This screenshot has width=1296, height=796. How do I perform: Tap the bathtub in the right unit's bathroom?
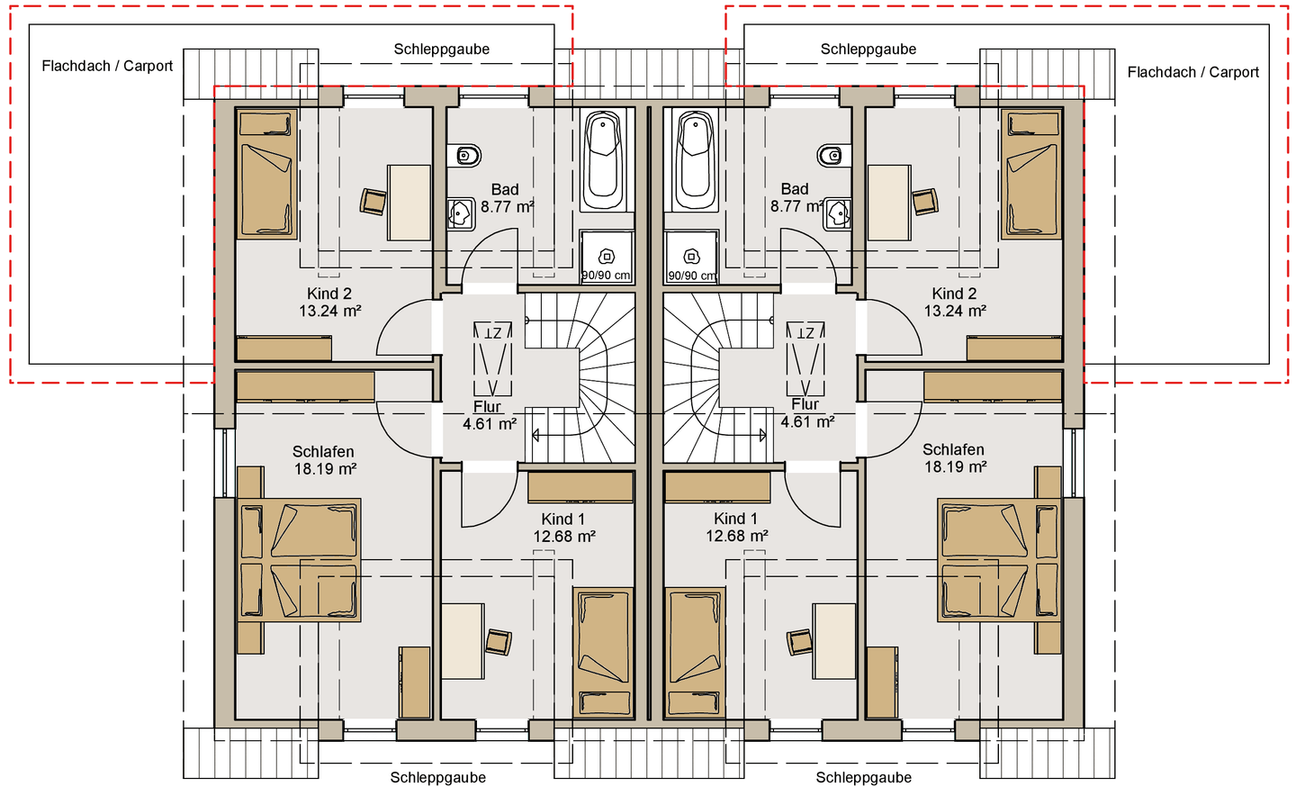[696, 160]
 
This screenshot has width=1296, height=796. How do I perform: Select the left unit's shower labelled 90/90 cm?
[607, 257]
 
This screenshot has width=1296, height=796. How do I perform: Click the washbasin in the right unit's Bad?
[838, 214]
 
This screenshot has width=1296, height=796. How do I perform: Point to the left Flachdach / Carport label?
[107, 66]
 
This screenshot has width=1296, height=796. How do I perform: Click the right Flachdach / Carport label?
[1193, 72]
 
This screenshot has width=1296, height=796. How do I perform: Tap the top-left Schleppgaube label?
[441, 50]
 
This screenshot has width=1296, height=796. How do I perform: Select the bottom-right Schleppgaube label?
[863, 777]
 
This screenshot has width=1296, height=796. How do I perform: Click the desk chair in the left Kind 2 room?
[373, 202]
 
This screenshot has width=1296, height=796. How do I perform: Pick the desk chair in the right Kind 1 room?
[799, 642]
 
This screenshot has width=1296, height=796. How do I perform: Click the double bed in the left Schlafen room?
[299, 560]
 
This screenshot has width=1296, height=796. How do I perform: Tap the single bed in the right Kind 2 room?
[1031, 174]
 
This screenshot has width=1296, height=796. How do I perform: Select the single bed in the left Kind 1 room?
[603, 653]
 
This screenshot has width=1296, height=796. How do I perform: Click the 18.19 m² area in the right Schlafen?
[955, 466]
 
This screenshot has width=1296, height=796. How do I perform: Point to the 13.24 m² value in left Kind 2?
[329, 311]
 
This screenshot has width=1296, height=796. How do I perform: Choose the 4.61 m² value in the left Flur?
[490, 424]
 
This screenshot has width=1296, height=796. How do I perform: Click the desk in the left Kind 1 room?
[463, 641]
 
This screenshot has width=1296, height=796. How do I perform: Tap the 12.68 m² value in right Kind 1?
[736, 536]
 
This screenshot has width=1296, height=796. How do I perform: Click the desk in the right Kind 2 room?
[889, 203]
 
